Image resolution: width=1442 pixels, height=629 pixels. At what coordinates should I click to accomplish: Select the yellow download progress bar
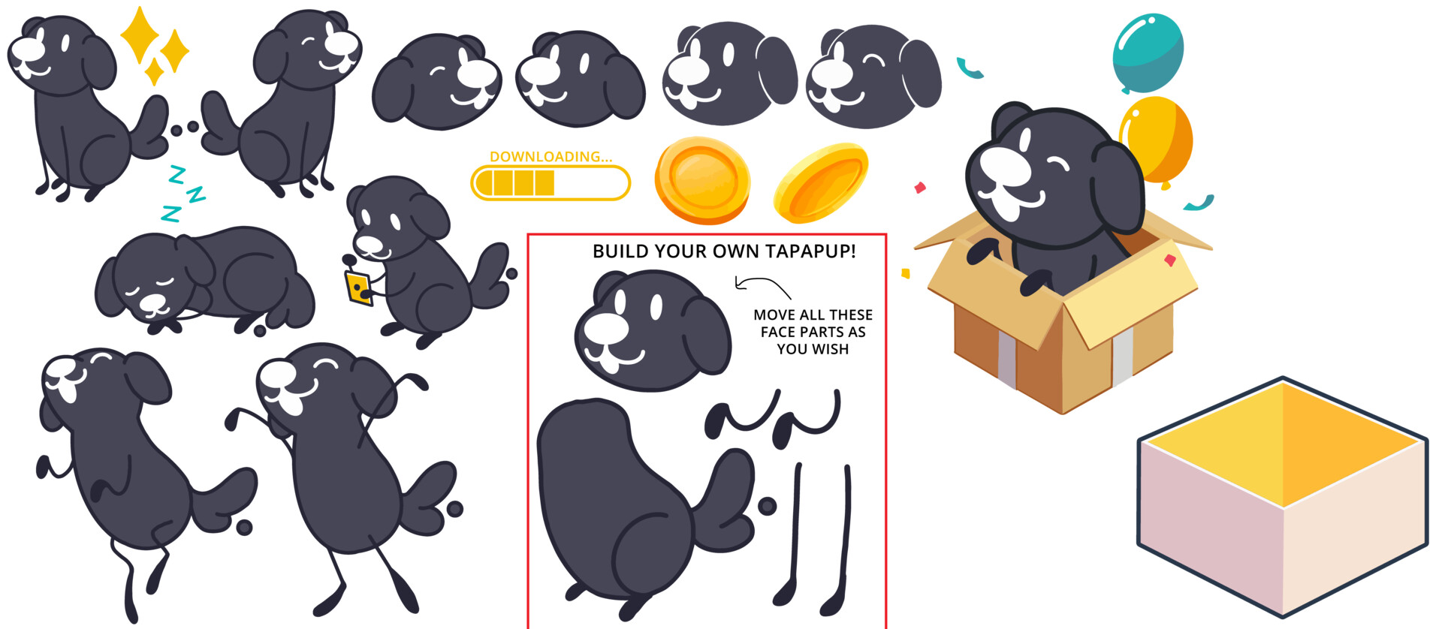(x=551, y=182)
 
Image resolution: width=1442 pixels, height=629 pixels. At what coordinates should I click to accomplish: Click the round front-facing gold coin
(x=702, y=180)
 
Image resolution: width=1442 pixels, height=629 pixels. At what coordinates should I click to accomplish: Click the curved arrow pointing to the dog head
(x=760, y=285)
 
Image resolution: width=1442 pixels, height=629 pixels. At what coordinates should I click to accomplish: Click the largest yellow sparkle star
(x=140, y=35)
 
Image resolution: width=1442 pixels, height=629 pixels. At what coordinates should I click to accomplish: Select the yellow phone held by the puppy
(x=358, y=288)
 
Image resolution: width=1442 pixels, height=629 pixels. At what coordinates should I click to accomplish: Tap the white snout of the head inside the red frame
(x=606, y=330)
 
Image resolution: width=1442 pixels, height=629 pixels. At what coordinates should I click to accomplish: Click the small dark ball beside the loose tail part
(x=767, y=506)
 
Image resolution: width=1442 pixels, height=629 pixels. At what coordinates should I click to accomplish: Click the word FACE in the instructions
(x=778, y=332)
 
